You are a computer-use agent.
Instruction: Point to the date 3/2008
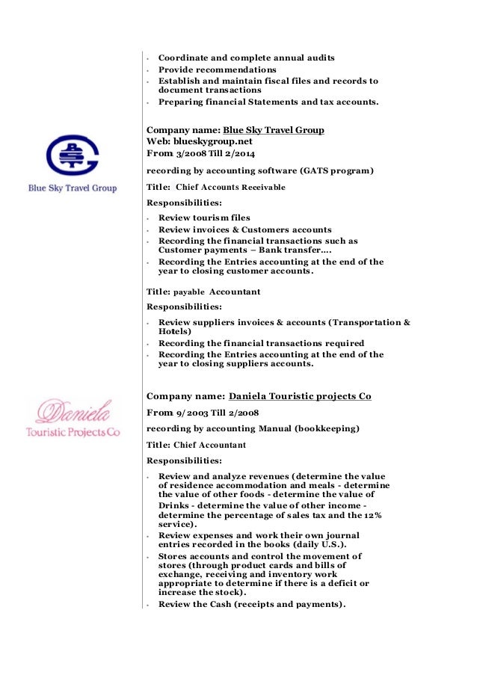(x=191, y=153)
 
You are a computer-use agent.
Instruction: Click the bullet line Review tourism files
(x=204, y=218)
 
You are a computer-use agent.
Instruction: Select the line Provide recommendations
(x=217, y=70)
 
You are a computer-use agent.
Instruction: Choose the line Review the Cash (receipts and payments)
(x=251, y=604)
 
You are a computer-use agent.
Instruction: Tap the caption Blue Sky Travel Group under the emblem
(x=73, y=188)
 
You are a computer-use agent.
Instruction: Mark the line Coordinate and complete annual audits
(x=246, y=58)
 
